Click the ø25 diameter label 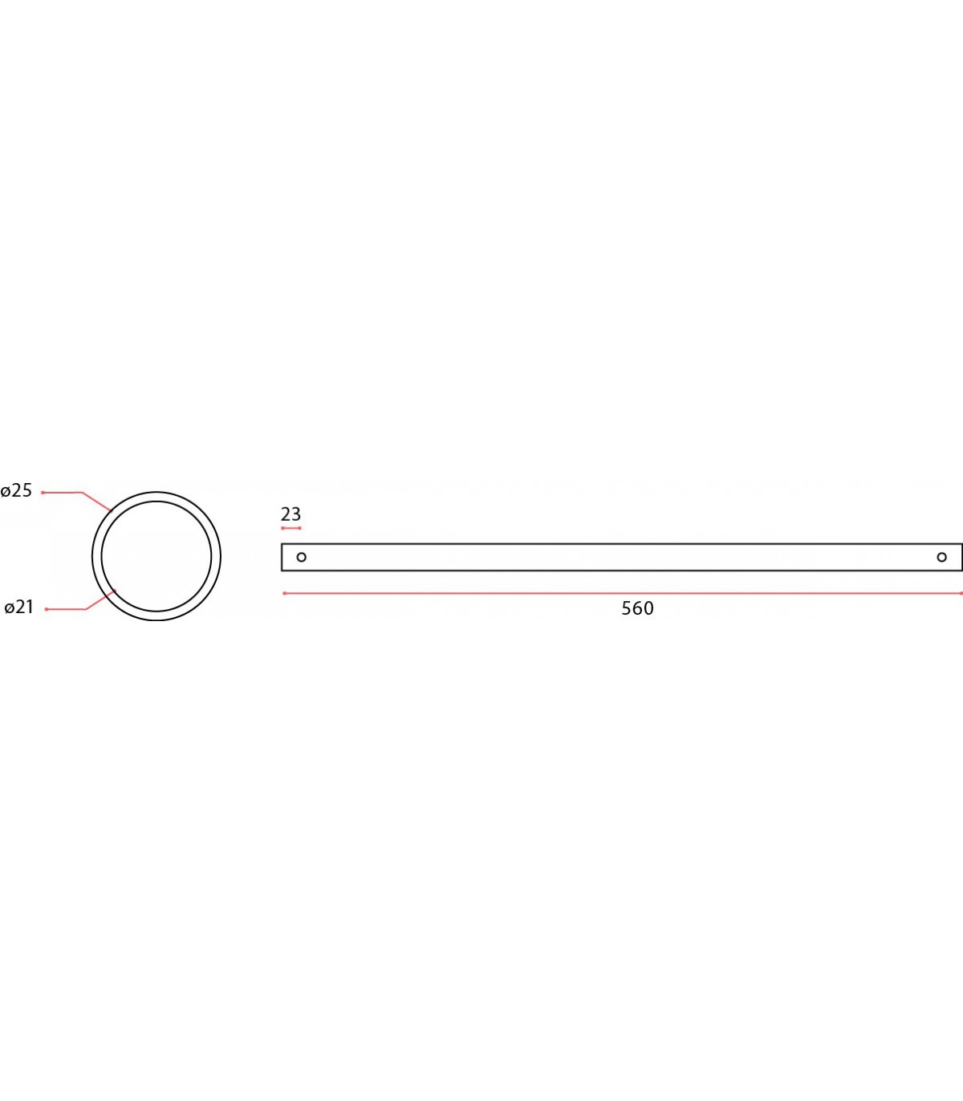click(17, 491)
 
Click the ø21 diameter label click(18, 607)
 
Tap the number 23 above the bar click(291, 514)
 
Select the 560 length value click(637, 608)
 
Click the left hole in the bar click(301, 557)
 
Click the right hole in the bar click(941, 557)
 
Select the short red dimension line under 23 click(291, 529)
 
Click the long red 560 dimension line click(623, 593)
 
